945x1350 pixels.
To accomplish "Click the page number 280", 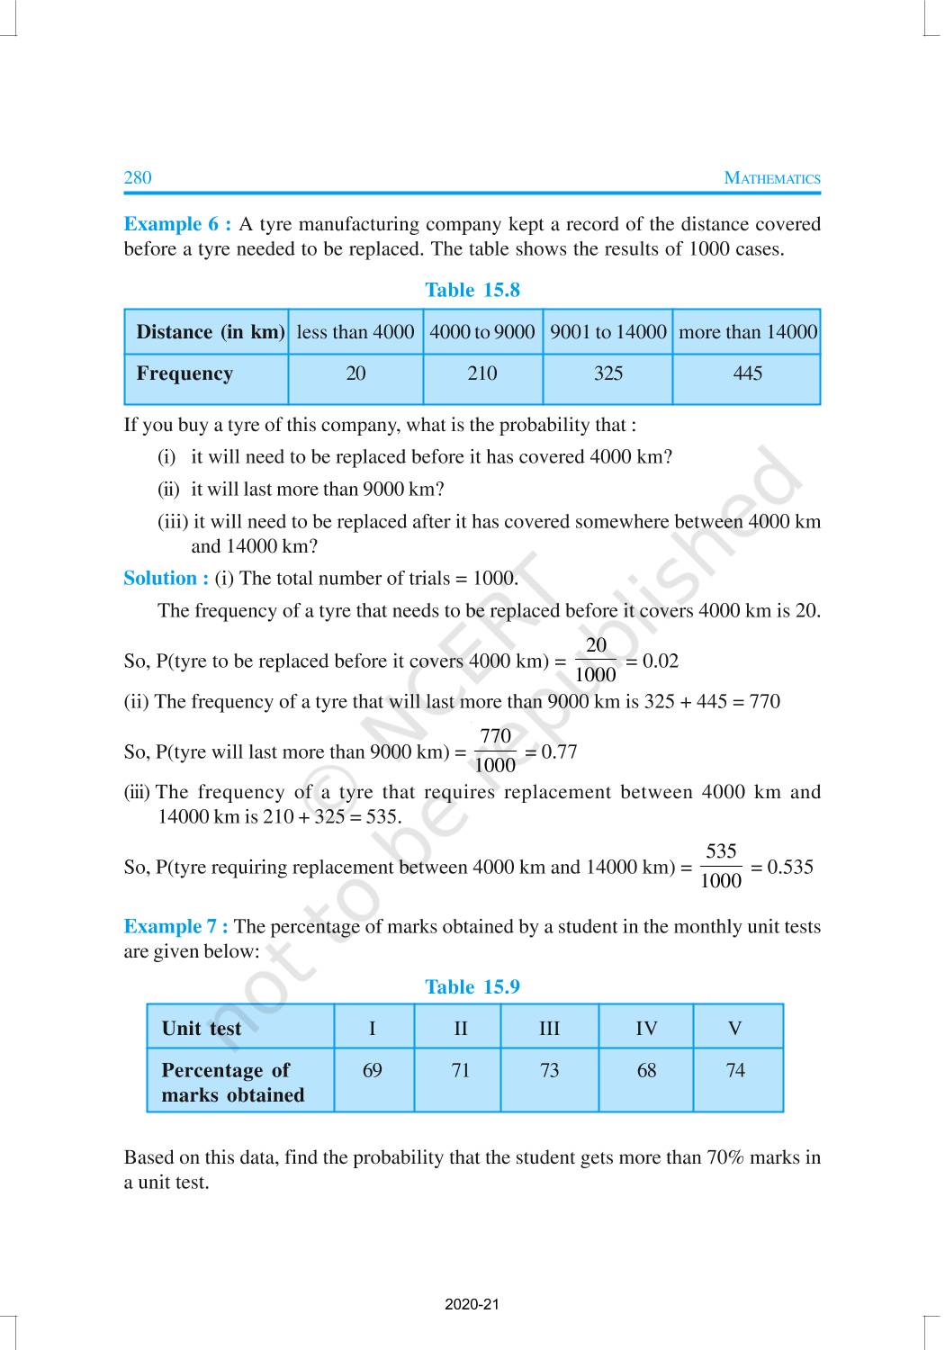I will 138,177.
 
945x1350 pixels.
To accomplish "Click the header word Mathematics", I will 772,178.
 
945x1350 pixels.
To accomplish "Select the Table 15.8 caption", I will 472,290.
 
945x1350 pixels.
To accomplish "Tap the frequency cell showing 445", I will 747,373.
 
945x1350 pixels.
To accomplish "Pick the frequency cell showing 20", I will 355,373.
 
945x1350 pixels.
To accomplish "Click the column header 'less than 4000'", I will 355,332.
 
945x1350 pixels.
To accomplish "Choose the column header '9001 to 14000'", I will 607,332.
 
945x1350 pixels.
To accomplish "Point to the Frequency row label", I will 184,373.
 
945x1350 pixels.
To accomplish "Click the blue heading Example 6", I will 176,224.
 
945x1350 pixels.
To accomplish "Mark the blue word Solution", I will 166,579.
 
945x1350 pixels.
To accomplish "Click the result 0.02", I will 660,661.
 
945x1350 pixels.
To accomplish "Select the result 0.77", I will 559,751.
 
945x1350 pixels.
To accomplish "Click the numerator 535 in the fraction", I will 721,851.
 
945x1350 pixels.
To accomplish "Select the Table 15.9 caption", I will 472,987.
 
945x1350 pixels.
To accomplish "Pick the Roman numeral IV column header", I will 646,1029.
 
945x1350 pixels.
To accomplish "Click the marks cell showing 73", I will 549,1070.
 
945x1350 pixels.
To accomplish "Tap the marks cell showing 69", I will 372,1070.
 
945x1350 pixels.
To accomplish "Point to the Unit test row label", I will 201,1029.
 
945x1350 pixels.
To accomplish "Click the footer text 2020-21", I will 472,1304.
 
